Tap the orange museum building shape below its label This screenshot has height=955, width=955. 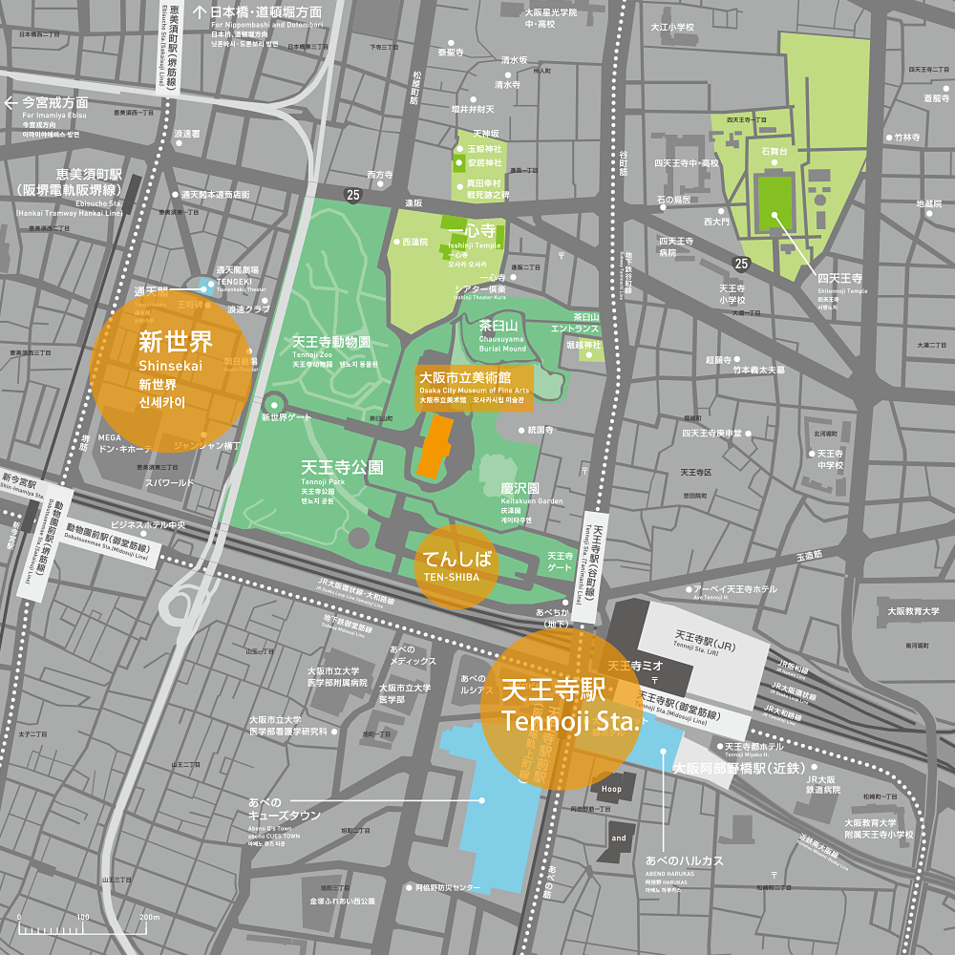(x=434, y=447)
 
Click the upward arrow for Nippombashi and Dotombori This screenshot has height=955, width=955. (x=201, y=12)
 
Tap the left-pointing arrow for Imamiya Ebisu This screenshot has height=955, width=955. (x=12, y=102)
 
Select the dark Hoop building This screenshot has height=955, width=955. (x=610, y=788)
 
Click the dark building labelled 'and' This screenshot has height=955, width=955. (x=619, y=838)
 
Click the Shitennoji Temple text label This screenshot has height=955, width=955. (x=840, y=283)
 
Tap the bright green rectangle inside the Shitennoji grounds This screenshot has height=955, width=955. (x=774, y=202)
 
